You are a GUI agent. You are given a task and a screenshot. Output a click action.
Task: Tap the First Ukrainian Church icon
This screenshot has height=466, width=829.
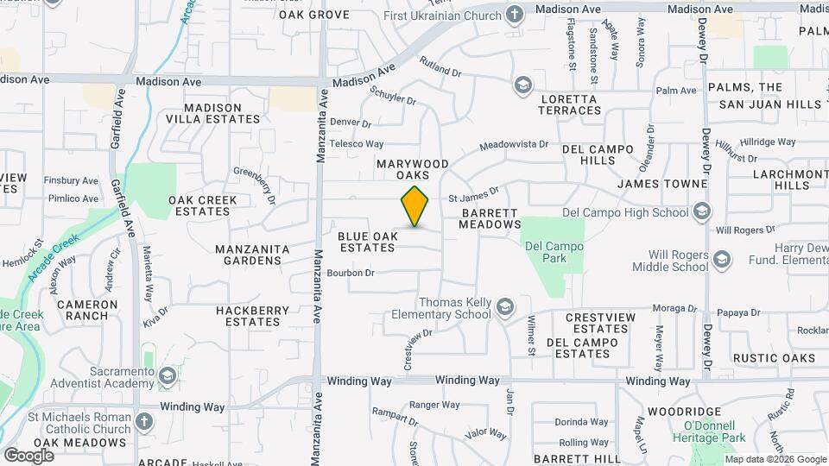[x=515, y=15]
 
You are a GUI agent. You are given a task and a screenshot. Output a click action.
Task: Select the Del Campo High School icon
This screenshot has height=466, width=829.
[x=702, y=212]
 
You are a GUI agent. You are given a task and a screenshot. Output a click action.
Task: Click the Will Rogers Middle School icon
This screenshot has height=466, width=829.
[x=721, y=258]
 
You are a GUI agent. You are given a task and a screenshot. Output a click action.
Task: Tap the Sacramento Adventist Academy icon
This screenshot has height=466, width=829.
[x=167, y=376]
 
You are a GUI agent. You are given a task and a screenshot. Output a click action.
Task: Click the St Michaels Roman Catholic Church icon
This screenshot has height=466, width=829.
[x=143, y=422]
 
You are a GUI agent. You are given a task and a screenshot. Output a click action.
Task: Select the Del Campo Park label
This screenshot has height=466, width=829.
[x=554, y=251]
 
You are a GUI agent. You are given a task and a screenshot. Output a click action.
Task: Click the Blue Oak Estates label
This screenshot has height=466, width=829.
[x=367, y=242]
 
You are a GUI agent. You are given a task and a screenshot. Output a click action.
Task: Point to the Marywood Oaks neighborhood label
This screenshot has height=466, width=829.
[x=412, y=169]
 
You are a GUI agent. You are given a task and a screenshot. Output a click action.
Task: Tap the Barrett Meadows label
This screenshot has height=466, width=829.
[x=490, y=218]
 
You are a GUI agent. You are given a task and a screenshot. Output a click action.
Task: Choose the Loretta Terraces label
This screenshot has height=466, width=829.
[x=570, y=104]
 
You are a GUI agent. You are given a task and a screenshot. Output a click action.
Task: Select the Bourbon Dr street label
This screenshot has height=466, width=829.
[x=351, y=274]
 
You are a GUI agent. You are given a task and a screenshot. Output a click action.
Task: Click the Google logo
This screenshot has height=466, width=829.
[x=28, y=455]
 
